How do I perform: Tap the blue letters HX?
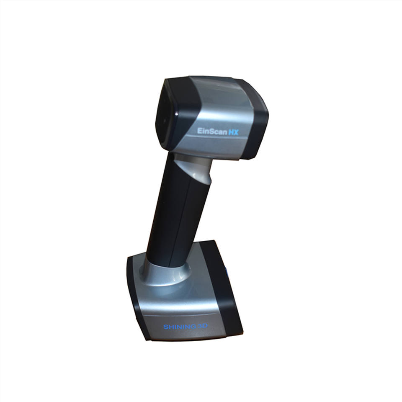tap(233, 132)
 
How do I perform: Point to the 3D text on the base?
tap(202, 326)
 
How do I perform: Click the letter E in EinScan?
tap(199, 131)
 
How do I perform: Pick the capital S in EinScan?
tap(210, 131)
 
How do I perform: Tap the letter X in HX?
tap(236, 132)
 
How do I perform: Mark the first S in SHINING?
tap(166, 327)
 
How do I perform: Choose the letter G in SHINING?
tap(193, 327)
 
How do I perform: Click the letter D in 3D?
tap(205, 326)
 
